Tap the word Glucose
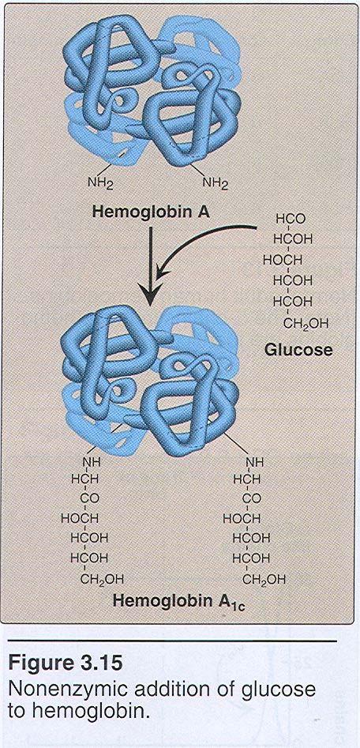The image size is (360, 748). tap(298, 350)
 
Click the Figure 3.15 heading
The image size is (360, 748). tap(65, 665)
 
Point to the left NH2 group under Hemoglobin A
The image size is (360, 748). tap(100, 182)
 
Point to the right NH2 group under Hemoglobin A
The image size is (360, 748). tap(216, 182)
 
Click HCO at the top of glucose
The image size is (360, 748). tap(291, 220)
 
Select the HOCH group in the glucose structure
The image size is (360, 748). tap(283, 261)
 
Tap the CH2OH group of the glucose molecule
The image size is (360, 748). tap(306, 325)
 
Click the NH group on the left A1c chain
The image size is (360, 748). tap(92, 462)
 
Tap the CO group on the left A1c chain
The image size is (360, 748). tap(92, 498)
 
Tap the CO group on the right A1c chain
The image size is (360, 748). tap(253, 498)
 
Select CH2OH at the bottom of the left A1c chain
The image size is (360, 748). tap(101, 580)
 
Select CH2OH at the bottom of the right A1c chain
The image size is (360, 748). tap(264, 580)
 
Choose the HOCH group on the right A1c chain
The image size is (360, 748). tap(242, 518)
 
